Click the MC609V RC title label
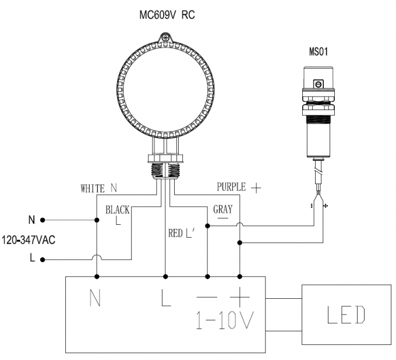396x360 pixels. point(167,15)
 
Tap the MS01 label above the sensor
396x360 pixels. point(318,51)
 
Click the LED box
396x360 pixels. point(346,315)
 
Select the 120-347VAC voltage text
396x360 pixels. point(29,240)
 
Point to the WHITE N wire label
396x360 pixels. point(99,188)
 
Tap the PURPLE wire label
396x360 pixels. point(231,187)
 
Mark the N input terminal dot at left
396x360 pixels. point(43,220)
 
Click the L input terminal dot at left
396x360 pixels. point(43,259)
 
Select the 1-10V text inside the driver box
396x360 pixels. point(225,320)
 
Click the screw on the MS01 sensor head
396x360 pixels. point(319,84)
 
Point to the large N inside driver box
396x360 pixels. point(95,298)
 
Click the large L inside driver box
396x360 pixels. point(166,298)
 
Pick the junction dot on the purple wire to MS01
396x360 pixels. point(240,242)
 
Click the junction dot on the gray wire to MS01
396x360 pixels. point(207,226)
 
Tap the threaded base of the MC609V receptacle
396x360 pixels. point(165,171)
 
